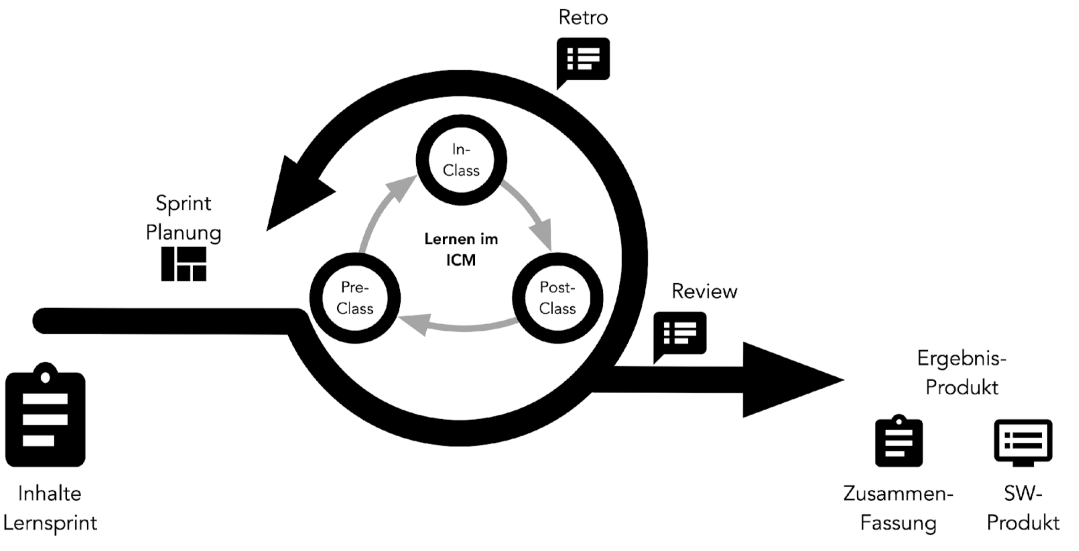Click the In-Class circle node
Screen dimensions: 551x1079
(461, 160)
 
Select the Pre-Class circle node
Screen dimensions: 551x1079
(355, 298)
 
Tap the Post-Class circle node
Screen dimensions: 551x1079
(557, 298)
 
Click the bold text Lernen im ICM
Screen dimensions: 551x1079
(461, 249)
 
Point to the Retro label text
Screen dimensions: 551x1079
(583, 18)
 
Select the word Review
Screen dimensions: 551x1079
(704, 291)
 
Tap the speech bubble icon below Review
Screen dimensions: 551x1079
(680, 333)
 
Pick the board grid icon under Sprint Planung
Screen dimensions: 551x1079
(184, 264)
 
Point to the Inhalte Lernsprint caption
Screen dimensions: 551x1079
(50, 508)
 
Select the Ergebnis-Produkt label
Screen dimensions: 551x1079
(961, 373)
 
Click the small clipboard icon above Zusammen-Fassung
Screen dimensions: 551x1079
(898, 442)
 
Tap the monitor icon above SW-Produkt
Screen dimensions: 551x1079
(1023, 442)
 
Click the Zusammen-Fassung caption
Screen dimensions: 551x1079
(898, 508)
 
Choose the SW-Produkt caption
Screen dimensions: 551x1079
(1023, 508)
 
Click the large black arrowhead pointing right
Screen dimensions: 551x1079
(786, 380)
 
